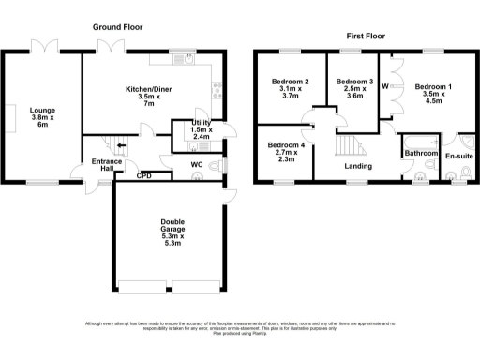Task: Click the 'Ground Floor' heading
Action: [x=118, y=28]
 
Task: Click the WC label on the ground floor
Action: [x=197, y=165]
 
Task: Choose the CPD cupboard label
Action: [x=144, y=175]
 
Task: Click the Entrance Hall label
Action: [x=107, y=166]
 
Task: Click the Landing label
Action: [x=356, y=167]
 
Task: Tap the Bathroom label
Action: [x=421, y=152]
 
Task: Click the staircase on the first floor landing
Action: [x=349, y=146]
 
